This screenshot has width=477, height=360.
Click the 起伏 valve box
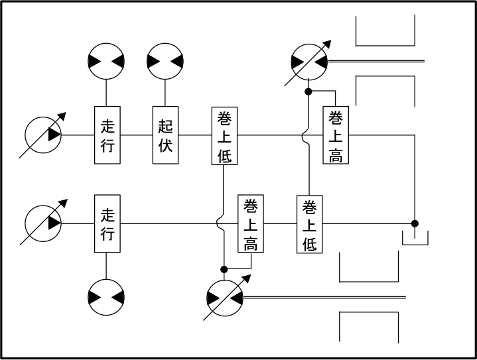tap(165, 135)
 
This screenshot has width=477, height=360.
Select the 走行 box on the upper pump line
tap(107, 135)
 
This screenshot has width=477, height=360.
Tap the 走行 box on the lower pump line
tap(107, 223)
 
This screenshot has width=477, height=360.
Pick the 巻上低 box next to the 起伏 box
tap(224, 136)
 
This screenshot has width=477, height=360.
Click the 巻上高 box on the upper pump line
tap(336, 135)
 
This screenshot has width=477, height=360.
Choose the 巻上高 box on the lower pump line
tap(251, 223)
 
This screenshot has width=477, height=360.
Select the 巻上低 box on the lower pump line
tap(310, 224)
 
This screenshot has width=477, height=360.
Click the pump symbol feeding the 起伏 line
tap(43, 135)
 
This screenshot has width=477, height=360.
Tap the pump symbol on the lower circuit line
tap(43, 223)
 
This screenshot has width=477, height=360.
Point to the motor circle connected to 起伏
tap(165, 61)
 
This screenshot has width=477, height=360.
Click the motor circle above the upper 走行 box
tap(106, 61)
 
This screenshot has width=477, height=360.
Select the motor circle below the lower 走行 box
tap(106, 297)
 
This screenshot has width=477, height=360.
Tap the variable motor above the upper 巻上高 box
tap(308, 62)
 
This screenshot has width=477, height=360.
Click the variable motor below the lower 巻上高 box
tap(224, 298)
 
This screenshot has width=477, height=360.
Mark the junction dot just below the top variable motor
tap(308, 91)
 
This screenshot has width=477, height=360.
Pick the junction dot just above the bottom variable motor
tap(224, 269)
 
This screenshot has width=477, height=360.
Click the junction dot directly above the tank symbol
tap(415, 223)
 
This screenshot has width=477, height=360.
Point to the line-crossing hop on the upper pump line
tap(305, 135)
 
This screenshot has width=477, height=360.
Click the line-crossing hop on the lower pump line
tap(220, 223)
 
